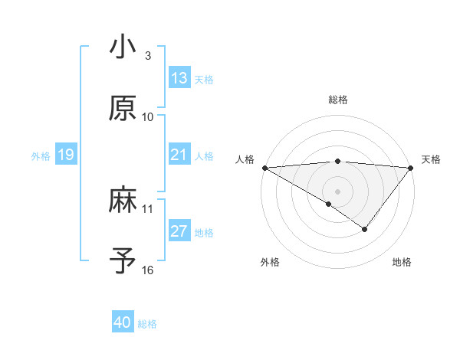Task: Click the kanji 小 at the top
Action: coord(123,47)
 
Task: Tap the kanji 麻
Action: coord(123,201)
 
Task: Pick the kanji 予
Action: coord(123,260)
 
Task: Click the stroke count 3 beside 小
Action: coord(148,56)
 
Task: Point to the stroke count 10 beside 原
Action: coord(148,116)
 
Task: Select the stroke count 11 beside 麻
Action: coord(148,208)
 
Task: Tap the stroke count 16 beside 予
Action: coord(148,270)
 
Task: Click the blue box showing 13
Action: coord(179,78)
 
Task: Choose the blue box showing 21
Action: coord(179,155)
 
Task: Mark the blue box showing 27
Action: coord(179,231)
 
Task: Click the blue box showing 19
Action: coord(66,155)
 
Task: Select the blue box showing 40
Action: coord(123,322)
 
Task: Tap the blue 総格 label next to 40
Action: coord(147,324)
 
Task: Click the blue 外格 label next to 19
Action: coord(41,156)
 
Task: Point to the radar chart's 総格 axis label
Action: coord(337,100)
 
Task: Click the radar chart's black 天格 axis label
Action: coord(432,159)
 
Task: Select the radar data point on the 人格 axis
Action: coord(264,168)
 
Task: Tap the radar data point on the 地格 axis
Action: coord(365,229)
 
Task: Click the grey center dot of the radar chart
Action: coord(337,191)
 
